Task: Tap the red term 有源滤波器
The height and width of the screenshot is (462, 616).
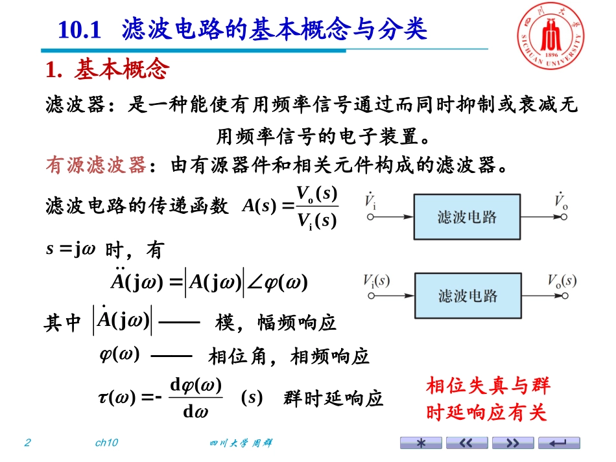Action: click(x=95, y=166)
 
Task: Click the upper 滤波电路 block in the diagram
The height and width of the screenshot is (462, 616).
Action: click(x=467, y=216)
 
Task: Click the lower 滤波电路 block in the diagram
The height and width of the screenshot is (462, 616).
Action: click(x=467, y=296)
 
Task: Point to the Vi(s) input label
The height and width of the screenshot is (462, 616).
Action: click(x=377, y=281)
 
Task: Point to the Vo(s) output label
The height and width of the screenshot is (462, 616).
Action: click(x=562, y=281)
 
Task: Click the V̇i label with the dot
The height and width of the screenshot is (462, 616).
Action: click(x=371, y=202)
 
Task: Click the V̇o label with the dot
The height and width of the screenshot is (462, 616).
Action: click(x=561, y=202)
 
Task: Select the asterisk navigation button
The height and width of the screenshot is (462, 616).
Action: click(x=421, y=443)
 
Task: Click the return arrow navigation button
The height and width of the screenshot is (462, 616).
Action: click(x=560, y=443)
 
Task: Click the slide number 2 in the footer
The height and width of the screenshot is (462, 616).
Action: click(x=27, y=443)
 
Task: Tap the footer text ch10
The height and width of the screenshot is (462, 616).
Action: click(x=106, y=443)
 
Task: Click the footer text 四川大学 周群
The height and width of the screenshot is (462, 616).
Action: click(x=241, y=443)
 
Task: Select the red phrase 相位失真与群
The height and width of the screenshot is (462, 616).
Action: click(x=488, y=387)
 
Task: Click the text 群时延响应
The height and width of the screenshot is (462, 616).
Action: click(x=333, y=398)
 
